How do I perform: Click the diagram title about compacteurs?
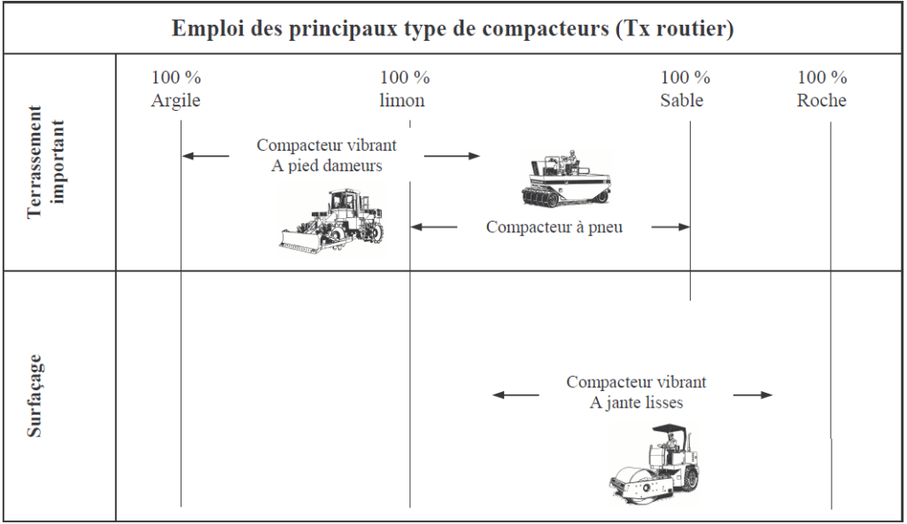(453, 28)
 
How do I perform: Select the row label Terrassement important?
(47, 162)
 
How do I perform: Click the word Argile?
(175, 100)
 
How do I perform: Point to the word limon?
(402, 100)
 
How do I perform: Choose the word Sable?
(681, 100)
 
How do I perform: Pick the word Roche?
(821, 100)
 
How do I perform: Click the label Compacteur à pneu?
(554, 227)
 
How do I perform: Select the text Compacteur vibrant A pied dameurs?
(327, 155)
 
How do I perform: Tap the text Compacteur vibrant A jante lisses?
(636, 392)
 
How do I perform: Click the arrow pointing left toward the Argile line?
(205, 156)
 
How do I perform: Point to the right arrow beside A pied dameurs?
(452, 156)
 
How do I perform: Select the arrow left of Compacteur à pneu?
(434, 227)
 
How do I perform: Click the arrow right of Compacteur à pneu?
(670, 227)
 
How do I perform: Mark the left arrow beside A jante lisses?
(516, 395)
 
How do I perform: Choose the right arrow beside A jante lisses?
(753, 395)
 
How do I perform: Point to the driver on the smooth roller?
(671, 443)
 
